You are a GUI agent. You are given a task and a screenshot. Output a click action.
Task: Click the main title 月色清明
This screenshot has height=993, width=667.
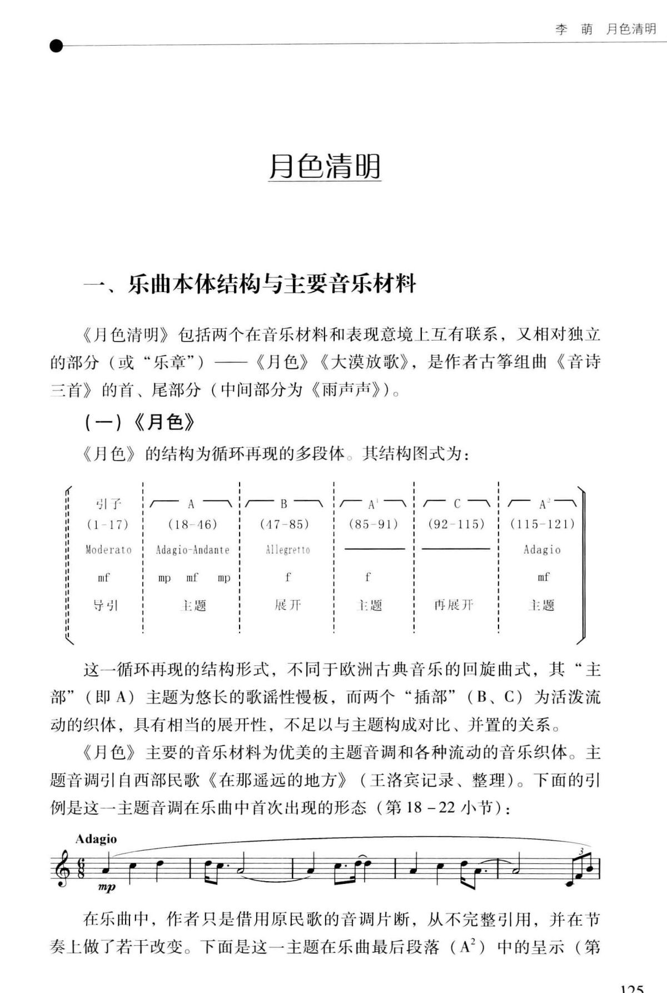(x=325, y=166)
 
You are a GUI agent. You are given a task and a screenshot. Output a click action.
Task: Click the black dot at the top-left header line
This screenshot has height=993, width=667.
(x=56, y=46)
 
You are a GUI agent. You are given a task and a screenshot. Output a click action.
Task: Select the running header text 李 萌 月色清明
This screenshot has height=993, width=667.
(x=605, y=29)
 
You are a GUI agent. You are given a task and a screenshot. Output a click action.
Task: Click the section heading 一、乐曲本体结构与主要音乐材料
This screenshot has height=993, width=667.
(x=250, y=284)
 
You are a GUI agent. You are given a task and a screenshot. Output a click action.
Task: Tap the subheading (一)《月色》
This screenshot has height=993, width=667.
(x=140, y=423)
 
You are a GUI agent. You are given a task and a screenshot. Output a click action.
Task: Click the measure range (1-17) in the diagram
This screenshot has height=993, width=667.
(x=108, y=524)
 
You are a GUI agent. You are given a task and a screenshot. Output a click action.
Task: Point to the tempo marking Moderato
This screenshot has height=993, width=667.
(x=108, y=550)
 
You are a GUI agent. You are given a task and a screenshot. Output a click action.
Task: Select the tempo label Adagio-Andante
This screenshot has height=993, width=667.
(x=192, y=550)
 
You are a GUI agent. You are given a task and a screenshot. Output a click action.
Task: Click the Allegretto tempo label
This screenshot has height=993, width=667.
(x=287, y=550)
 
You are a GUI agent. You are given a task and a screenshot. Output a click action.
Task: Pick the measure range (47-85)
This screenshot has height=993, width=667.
(x=285, y=524)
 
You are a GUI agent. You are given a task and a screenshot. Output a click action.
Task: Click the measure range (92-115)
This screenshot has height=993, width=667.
(x=456, y=524)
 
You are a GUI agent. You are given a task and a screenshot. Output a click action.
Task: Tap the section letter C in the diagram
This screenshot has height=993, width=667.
(x=457, y=504)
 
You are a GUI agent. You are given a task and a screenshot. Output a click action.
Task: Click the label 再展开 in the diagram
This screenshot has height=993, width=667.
(x=454, y=605)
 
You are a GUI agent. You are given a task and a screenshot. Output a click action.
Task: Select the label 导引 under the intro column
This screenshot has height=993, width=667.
(x=106, y=605)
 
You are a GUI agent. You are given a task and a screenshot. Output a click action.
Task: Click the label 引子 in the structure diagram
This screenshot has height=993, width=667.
(x=108, y=504)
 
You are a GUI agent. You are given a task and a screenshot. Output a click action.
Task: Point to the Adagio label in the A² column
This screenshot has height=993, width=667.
(x=542, y=550)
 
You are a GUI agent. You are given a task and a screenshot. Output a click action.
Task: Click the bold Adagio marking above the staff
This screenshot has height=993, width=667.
(x=96, y=839)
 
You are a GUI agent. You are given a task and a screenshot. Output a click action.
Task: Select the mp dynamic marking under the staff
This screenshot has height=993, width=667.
(x=106, y=888)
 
